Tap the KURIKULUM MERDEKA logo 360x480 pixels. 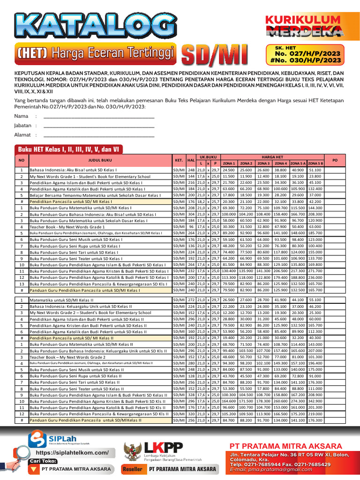click(x=303, y=25)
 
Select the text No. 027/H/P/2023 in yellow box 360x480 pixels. click(x=304, y=54)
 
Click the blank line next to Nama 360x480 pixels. click(x=98, y=116)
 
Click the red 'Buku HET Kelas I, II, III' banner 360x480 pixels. click(x=69, y=149)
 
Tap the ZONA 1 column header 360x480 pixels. click(x=229, y=163)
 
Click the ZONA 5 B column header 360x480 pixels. click(x=315, y=163)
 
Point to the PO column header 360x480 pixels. click(x=335, y=160)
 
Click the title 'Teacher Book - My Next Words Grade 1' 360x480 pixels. click(x=66, y=226)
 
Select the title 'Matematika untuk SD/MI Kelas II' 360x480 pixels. click(x=62, y=300)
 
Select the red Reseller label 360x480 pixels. click(x=132, y=469)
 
